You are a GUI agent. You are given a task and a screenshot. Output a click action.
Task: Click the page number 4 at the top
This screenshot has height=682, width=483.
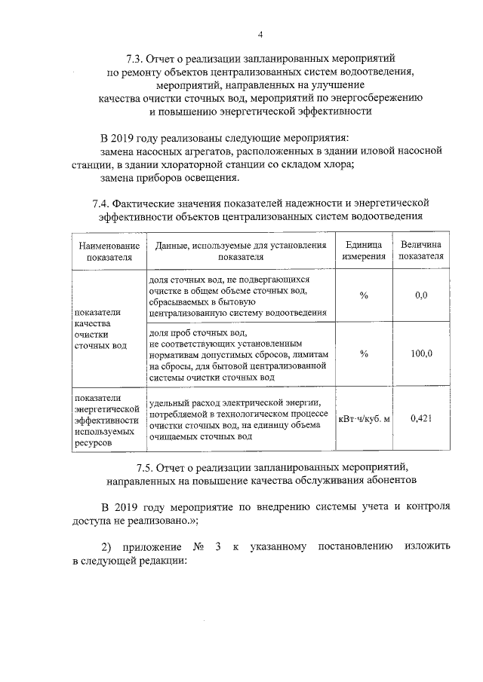point(260,35)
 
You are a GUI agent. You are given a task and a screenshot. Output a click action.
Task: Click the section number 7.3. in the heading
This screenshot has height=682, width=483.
point(136,58)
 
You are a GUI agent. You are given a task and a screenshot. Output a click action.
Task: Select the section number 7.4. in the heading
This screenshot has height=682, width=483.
point(104,203)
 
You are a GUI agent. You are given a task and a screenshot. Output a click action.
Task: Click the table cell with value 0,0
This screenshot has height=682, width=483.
point(421,295)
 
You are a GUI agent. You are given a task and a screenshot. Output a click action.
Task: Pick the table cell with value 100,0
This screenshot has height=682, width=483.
point(421,353)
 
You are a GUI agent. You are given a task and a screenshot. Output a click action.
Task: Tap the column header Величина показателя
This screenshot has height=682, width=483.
point(421,250)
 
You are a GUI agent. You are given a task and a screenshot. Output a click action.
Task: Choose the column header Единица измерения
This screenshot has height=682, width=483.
point(364,250)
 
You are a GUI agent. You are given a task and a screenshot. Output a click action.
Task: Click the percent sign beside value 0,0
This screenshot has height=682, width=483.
point(364,295)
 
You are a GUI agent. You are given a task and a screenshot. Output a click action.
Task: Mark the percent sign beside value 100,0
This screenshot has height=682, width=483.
point(364,353)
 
